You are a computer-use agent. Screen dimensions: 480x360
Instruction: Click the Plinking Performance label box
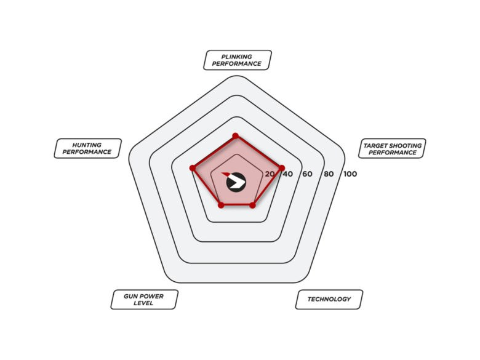[238, 60]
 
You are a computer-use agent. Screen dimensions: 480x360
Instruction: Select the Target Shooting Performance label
[392, 148]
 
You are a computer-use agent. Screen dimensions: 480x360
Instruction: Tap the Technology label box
[329, 300]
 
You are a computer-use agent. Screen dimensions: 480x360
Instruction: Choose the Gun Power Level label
[144, 300]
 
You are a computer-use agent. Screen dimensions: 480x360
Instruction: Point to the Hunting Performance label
[87, 148]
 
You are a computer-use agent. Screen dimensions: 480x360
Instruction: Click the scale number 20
[270, 174]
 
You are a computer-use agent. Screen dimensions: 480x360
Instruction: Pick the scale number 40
[288, 174]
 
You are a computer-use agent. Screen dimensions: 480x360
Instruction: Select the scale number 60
[307, 174]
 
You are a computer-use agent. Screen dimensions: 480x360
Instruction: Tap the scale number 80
[329, 174]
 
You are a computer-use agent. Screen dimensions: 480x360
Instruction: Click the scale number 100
[350, 174]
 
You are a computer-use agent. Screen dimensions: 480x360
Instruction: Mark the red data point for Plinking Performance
[236, 136]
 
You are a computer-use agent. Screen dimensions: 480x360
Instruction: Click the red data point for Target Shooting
[282, 168]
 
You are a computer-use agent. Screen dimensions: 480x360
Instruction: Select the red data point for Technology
[252, 205]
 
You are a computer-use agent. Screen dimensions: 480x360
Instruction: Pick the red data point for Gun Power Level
[221, 205]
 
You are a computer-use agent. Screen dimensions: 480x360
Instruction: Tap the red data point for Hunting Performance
[193, 168]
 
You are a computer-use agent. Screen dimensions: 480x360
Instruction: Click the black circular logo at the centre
[236, 183]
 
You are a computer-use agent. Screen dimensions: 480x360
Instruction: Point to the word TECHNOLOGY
[329, 299]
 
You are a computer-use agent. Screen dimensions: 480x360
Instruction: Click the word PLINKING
[237, 57]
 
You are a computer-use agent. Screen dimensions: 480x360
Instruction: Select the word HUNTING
[87, 145]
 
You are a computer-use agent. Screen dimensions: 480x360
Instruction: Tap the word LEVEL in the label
[143, 303]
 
